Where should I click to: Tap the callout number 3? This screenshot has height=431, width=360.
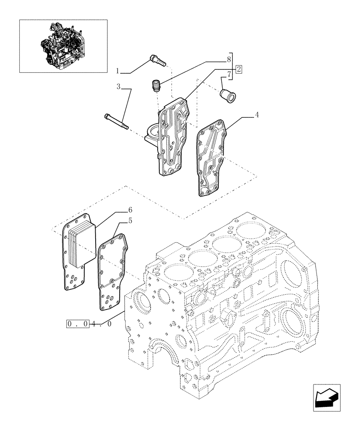coord(118,87)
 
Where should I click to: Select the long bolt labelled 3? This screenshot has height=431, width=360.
coord(116,121)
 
